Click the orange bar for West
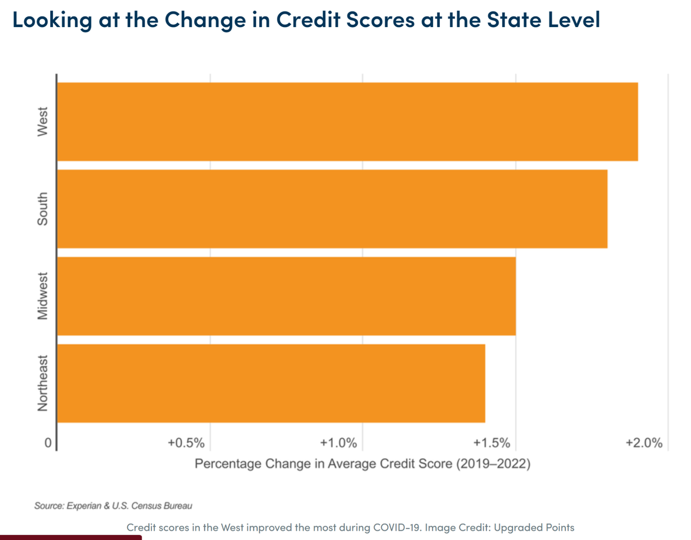click(x=347, y=121)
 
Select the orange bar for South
click(x=332, y=209)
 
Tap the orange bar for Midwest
click(x=286, y=296)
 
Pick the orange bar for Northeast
click(x=271, y=383)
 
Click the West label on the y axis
click(x=41, y=122)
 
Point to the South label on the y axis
click(x=41, y=209)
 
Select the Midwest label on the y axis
click(x=41, y=296)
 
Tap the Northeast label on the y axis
click(x=41, y=383)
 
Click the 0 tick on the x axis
click(x=49, y=443)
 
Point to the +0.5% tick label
click(x=186, y=443)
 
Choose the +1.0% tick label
click(x=339, y=443)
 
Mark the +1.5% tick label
click(x=491, y=443)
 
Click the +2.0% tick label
click(x=644, y=443)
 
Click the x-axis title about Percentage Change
click(x=362, y=464)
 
